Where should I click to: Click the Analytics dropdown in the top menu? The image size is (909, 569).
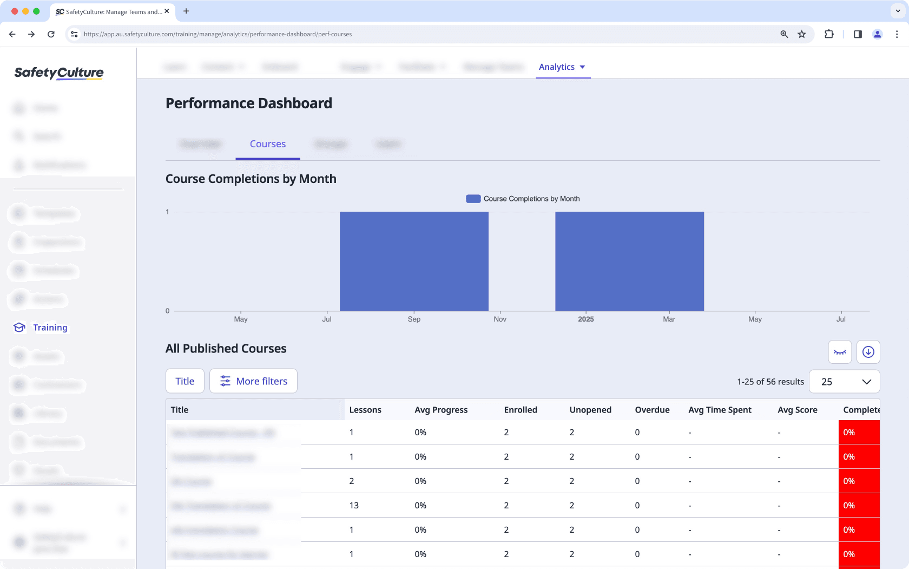click(x=562, y=67)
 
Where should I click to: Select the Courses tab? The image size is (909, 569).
click(x=268, y=144)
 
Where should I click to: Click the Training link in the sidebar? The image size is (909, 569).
click(x=50, y=328)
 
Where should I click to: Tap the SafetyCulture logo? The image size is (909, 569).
click(x=59, y=73)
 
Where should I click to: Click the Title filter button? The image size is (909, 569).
click(x=185, y=381)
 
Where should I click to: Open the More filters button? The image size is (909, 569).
click(x=253, y=381)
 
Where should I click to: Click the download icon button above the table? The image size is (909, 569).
click(x=868, y=352)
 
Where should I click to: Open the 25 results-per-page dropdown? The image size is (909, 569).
click(x=844, y=382)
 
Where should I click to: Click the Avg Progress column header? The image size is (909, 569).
click(x=441, y=410)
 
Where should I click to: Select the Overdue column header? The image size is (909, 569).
click(x=652, y=410)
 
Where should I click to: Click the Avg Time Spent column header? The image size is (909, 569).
click(x=720, y=410)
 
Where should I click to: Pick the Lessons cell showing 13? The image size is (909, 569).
click(x=354, y=506)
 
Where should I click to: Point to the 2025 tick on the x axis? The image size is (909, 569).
click(x=585, y=319)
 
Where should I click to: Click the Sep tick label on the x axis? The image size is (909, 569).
click(x=414, y=319)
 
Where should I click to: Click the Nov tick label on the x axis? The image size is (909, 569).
click(x=500, y=319)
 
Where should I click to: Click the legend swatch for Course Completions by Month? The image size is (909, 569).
click(x=473, y=199)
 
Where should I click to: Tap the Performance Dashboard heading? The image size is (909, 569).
click(x=249, y=103)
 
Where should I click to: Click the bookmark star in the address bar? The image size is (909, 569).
click(x=802, y=34)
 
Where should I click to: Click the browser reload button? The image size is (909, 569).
click(x=51, y=34)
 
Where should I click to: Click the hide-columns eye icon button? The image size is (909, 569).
click(x=840, y=352)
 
